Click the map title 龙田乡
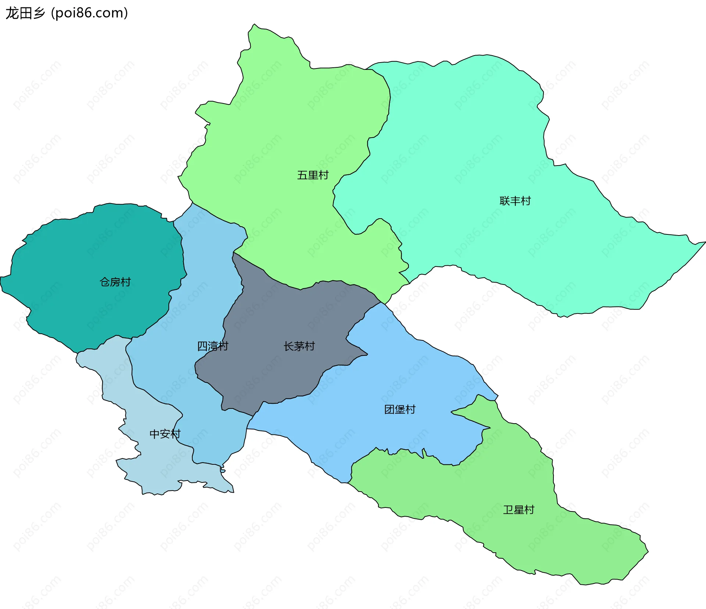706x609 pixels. click(25, 13)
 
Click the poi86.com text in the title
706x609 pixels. click(89, 13)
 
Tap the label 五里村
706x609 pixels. click(313, 175)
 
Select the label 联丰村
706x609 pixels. click(515, 201)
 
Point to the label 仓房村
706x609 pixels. click(115, 282)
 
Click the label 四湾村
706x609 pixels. click(213, 346)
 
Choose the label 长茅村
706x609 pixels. click(299, 346)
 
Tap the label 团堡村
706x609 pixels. click(400, 410)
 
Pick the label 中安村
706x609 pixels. click(165, 434)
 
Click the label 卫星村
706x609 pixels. click(518, 510)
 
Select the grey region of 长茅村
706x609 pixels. click(279, 375)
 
